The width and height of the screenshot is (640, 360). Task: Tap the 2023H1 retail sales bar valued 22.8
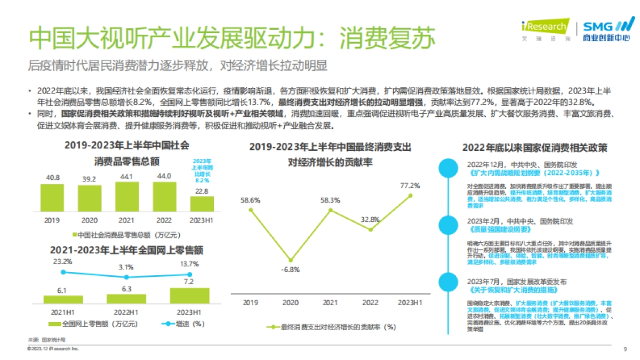click(x=202, y=204)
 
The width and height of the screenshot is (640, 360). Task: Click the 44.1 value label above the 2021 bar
click(x=126, y=177)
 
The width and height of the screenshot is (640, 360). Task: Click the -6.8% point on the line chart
click(x=291, y=260)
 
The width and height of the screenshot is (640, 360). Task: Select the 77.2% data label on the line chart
click(x=410, y=186)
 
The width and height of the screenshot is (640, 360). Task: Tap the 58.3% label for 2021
click(x=331, y=200)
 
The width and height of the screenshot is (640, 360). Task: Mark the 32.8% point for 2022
click(x=370, y=230)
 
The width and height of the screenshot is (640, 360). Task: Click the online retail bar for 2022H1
click(x=126, y=299)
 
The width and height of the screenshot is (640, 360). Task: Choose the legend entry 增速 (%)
click(x=182, y=323)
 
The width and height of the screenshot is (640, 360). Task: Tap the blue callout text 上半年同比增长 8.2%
click(x=202, y=170)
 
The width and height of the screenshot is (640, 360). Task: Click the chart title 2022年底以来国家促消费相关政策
click(x=534, y=148)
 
